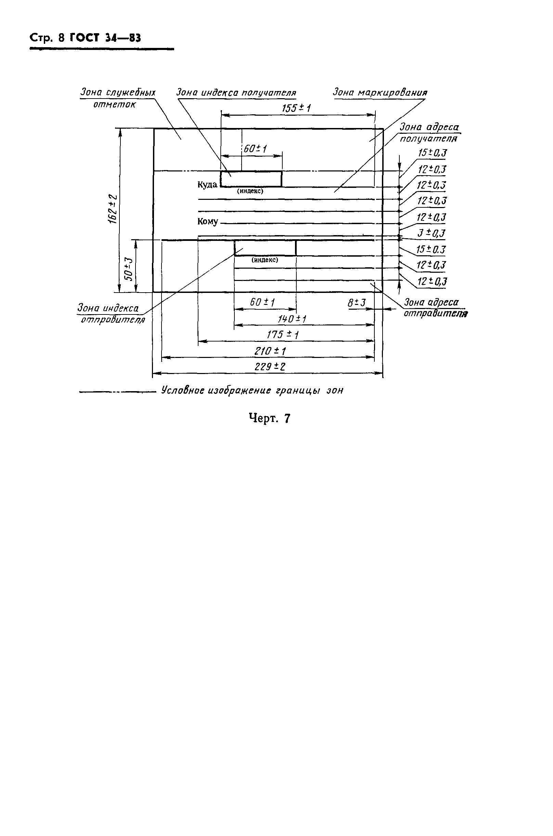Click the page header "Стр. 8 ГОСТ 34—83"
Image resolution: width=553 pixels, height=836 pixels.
pos(85,38)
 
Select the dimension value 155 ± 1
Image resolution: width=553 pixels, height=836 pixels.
pos(296,108)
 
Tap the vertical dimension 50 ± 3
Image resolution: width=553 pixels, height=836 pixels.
pos(129,269)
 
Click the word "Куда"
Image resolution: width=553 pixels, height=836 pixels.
pos(207,185)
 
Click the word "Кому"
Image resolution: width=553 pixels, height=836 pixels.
pos(207,222)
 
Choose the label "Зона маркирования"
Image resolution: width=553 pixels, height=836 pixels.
pos(380,93)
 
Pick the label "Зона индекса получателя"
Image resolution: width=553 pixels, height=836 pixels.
pos(236,93)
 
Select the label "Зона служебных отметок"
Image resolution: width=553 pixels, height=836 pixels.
pos(117,98)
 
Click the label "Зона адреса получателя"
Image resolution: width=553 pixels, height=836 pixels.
pos(429,132)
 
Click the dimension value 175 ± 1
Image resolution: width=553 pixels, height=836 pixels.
pos(282,335)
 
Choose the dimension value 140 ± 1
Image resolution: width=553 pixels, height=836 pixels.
pos(291,319)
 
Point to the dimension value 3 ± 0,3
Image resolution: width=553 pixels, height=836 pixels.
pos(431,233)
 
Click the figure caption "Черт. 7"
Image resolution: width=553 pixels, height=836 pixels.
pos(269,419)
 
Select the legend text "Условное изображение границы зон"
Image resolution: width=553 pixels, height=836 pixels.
pos(252,391)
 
